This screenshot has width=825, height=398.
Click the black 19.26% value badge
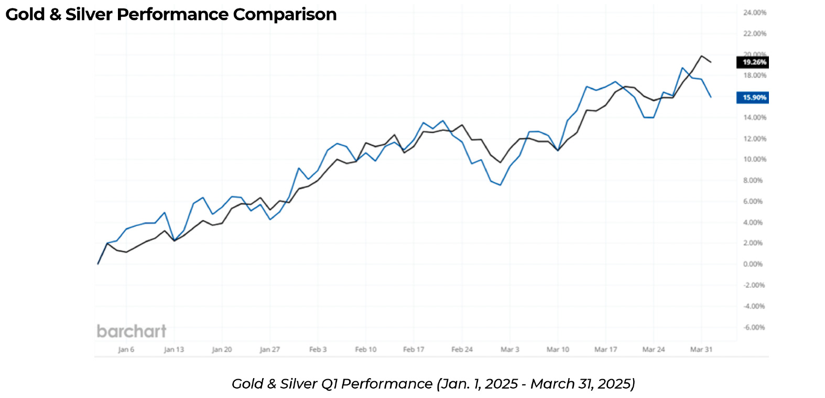pos(754,62)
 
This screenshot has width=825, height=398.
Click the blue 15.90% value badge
pos(754,98)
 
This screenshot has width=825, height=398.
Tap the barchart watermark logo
pos(132,331)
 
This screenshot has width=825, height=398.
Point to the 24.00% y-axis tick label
pos(754,13)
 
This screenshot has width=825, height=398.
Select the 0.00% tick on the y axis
pos(753,264)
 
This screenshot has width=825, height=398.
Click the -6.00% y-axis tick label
pos(754,327)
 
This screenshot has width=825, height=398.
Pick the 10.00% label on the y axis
pos(754,159)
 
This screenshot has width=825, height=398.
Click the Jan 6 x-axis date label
pos(126,349)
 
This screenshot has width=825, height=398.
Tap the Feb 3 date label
pos(318,349)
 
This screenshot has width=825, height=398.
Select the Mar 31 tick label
pos(701,349)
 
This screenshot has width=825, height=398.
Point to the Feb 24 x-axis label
pos(462,349)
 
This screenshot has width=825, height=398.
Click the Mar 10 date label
pos(558,349)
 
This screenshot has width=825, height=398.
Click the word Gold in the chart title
pos(25,15)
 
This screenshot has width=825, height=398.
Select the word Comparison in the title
pos(285,15)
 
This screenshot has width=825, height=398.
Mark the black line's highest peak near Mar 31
pos(701,56)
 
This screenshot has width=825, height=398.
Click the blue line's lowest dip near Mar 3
pos(501,185)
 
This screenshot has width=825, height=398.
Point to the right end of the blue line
pos(711,97)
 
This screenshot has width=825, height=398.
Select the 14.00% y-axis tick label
pos(754,117)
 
